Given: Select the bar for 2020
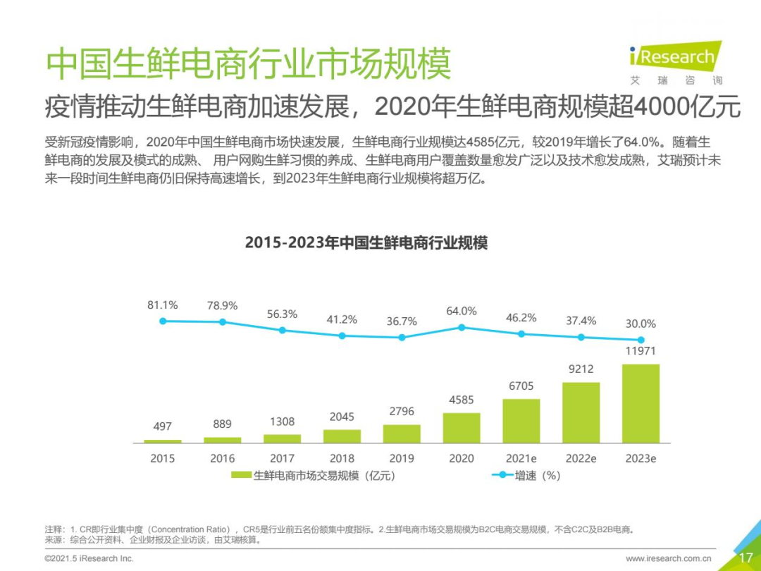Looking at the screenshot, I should [462, 428].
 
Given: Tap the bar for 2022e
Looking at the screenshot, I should [581, 412].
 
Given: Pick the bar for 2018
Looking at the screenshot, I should [342, 436].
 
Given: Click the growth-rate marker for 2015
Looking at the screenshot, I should [163, 321].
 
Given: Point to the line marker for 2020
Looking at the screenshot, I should [462, 327].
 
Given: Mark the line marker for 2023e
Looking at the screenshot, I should [641, 339].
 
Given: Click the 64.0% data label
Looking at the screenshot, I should [462, 311].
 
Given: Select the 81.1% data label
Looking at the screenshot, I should [163, 305].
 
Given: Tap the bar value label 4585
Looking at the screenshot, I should [462, 400].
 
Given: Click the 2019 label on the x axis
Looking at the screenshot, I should [402, 458].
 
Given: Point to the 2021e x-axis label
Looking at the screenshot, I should [521, 458].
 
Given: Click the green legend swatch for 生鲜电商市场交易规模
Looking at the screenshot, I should [242, 475].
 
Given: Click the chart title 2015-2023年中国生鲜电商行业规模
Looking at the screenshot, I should [366, 243].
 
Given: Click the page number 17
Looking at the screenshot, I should [745, 558].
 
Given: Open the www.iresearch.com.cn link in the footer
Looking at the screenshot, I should [669, 558].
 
